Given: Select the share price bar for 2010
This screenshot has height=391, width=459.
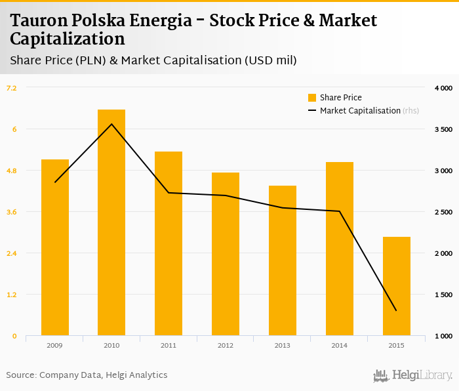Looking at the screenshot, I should (111, 222).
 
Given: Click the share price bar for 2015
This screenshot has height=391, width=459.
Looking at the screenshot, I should (396, 286).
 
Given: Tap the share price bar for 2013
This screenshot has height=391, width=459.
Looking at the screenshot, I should (283, 260).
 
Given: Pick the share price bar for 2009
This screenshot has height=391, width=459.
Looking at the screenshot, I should (55, 247).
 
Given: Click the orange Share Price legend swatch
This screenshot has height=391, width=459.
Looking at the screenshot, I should (312, 98).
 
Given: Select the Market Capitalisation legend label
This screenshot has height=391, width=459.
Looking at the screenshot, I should (360, 111).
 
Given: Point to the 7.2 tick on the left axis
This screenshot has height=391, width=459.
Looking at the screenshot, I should (12, 87).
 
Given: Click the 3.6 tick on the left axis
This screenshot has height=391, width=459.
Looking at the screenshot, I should (12, 212).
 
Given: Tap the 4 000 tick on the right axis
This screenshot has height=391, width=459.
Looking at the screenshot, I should (443, 87).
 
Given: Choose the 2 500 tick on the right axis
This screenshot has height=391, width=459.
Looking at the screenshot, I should (443, 212).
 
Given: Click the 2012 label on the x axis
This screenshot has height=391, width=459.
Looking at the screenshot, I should (226, 345).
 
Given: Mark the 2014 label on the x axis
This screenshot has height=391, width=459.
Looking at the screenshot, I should (339, 345).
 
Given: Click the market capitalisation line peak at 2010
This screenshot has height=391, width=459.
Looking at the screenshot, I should (111, 124).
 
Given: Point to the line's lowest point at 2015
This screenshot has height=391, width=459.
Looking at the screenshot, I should (396, 310).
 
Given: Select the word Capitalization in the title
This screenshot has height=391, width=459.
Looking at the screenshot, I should (68, 39).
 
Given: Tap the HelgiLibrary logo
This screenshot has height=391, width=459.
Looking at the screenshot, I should (412, 375).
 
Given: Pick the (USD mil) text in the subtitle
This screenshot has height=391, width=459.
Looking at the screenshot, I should (271, 61).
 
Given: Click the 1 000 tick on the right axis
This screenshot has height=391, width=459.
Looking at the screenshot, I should (443, 336).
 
